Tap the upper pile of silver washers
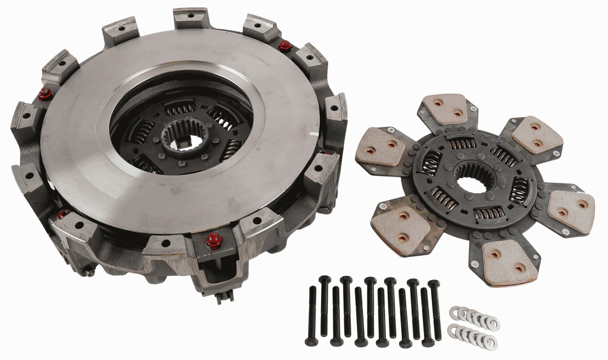point(474,315)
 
